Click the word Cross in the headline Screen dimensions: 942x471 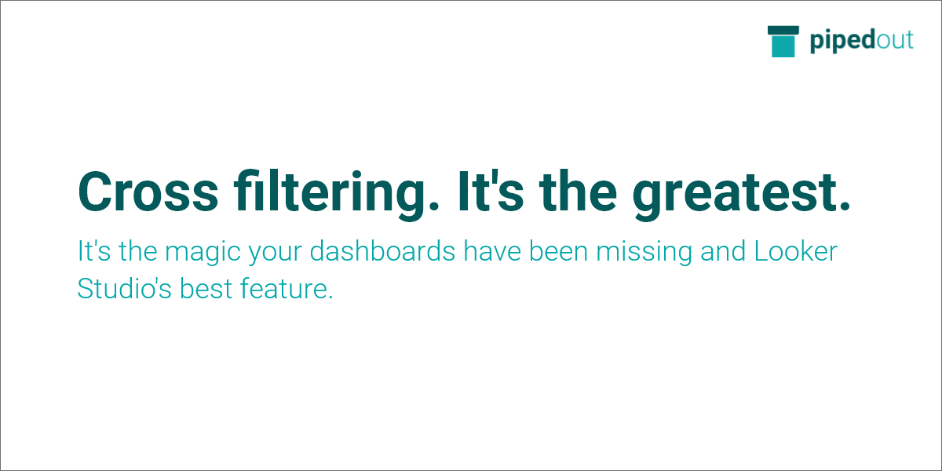148,192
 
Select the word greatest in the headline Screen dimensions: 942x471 741,195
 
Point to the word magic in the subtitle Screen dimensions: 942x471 203,252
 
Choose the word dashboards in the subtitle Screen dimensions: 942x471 382,250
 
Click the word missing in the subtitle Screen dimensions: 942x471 644,252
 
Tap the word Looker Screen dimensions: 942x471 796,251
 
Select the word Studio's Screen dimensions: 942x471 125,288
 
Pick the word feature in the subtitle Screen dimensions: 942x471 287,288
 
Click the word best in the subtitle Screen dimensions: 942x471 206,288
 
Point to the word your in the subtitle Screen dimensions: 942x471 275,254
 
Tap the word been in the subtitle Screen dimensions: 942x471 558,250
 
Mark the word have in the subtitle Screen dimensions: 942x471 492,250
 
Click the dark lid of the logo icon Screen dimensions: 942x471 783,31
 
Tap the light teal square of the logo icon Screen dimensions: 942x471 783,46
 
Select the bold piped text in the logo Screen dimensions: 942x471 843,41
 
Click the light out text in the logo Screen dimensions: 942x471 894,41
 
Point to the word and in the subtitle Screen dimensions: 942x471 723,250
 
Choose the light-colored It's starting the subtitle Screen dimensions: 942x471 94,250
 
